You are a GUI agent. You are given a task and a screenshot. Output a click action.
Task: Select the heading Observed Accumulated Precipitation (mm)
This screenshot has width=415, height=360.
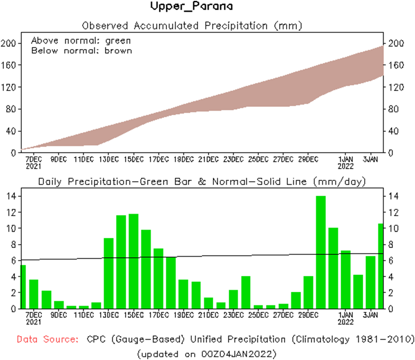pos(192,25)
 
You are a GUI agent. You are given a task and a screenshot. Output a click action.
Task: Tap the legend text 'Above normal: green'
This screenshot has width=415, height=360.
pos(81,41)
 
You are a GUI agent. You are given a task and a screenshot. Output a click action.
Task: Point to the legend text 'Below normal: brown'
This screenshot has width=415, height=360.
pos(81,50)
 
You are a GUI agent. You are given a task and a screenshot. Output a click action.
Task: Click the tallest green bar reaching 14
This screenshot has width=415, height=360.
pos(321,252)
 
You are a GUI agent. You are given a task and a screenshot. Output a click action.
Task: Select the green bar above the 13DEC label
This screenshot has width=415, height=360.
pos(109,273)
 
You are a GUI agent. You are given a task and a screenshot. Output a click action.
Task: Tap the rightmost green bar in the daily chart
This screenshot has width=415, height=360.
pos(380,266)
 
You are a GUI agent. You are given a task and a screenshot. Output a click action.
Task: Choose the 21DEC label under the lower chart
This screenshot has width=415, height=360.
pos(208,315)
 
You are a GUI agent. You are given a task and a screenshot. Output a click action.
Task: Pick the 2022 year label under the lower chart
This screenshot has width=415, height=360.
pos(346,322)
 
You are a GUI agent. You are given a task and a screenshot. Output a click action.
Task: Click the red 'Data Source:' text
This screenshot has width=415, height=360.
pos(48,339)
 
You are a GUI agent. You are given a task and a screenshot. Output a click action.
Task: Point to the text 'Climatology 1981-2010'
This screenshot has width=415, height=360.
pos(357,339)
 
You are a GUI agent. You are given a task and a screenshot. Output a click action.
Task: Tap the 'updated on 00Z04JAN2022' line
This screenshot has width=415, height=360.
pos(207,353)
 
